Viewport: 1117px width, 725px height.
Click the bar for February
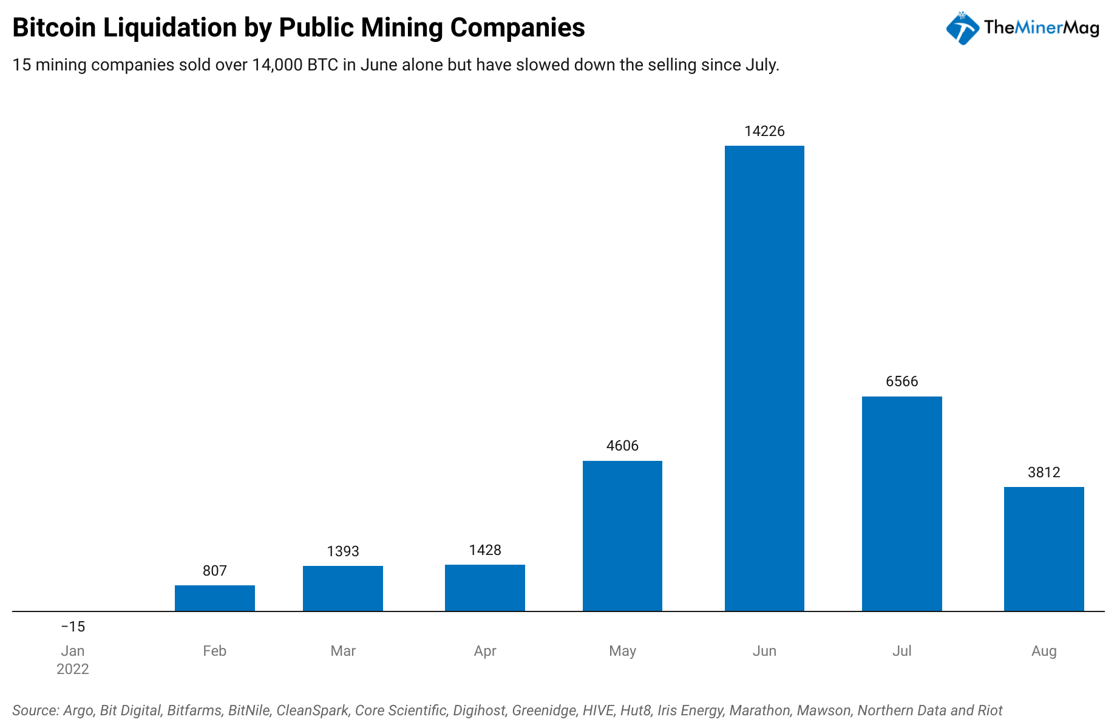[214, 598]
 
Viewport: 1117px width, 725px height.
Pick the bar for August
[1044, 549]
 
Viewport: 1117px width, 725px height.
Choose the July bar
[901, 503]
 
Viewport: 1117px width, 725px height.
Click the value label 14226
[764, 131]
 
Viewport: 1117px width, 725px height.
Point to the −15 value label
[73, 627]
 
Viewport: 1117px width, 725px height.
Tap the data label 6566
[901, 381]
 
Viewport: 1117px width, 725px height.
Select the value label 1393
[343, 551]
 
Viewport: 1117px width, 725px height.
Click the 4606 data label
[622, 446]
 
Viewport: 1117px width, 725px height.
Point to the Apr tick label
[485, 651]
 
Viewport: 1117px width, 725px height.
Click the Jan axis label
[73, 651]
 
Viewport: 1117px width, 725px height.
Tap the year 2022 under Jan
[73, 669]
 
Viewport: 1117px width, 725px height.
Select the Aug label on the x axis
[1044, 651]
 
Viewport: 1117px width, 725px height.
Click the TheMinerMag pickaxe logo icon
[962, 28]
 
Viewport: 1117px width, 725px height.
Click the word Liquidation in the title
[171, 28]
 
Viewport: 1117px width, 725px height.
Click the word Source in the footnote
[35, 710]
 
